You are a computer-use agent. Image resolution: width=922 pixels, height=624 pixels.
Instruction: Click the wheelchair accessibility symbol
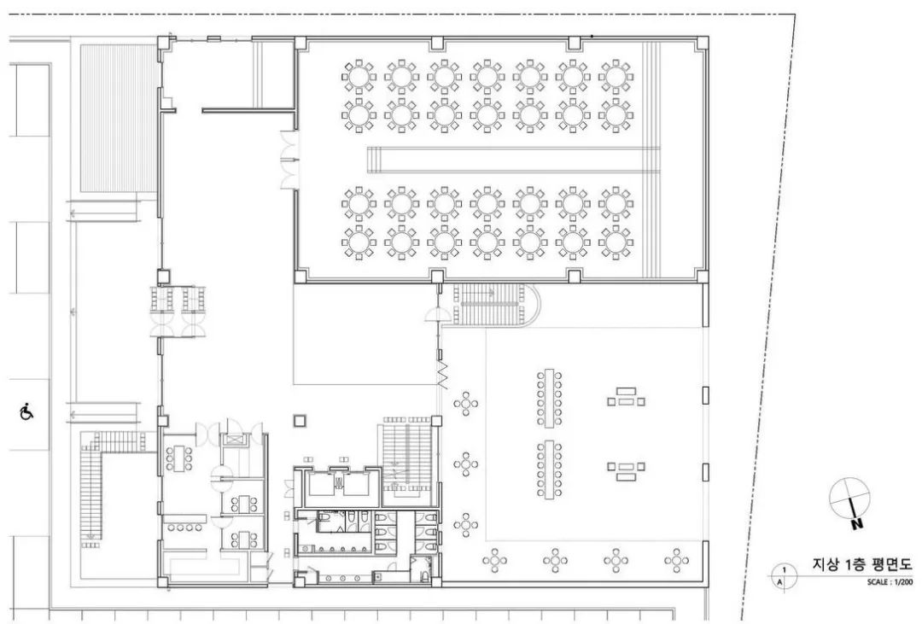26,411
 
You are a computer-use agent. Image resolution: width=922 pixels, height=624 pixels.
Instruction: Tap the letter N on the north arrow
857,523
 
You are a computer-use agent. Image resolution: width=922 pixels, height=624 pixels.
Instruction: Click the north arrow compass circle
849,499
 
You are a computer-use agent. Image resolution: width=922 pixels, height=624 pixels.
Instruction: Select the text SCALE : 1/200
890,582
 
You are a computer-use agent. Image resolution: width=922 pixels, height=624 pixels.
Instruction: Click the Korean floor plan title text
862,564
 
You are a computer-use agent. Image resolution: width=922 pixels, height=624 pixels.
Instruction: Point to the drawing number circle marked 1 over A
783,576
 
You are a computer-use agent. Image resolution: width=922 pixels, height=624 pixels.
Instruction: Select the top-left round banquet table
358,77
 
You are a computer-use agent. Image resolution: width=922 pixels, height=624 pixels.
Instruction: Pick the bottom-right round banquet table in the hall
616,242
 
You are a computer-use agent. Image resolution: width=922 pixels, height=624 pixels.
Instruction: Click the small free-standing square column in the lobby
300,420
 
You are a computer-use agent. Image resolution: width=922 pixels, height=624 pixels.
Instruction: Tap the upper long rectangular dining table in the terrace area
549,398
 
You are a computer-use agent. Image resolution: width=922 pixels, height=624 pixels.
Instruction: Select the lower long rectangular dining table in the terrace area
549,469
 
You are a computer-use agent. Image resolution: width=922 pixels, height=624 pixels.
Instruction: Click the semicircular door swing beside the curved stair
438,314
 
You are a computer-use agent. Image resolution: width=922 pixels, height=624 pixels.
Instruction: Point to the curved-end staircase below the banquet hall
495,304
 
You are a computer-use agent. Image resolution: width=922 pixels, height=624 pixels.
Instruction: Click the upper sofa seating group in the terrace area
627,398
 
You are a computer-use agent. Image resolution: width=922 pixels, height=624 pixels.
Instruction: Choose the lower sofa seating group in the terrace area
627,470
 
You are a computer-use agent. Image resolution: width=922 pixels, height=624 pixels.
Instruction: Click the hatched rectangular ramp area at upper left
118,118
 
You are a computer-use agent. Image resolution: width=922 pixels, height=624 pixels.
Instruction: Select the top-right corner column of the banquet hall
702,44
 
